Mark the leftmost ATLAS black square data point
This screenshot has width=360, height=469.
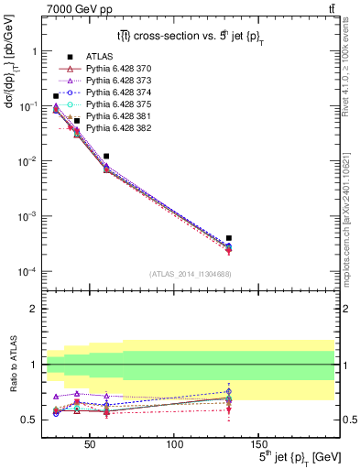[56, 96]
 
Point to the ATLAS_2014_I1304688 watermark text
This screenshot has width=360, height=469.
[190, 274]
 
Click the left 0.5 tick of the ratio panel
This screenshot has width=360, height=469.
[29, 420]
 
